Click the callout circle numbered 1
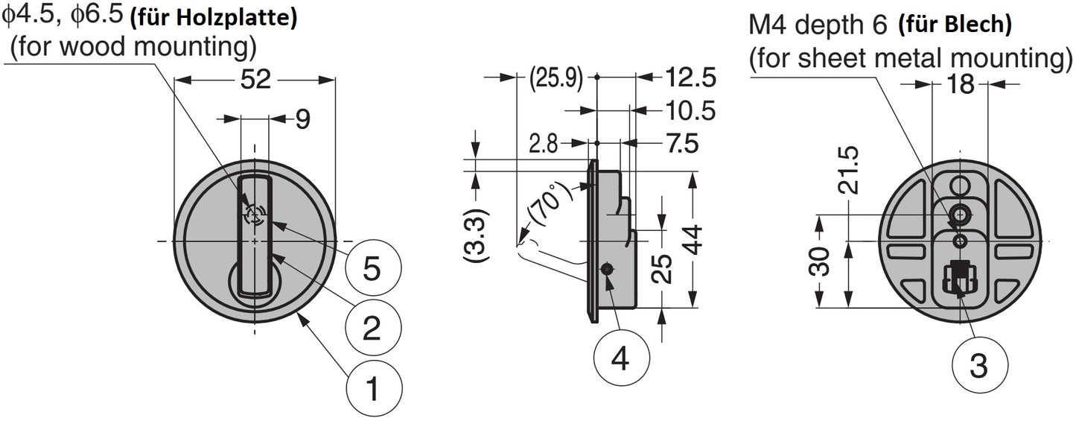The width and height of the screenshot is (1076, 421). click(x=374, y=387)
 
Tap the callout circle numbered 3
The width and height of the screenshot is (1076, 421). click(x=980, y=365)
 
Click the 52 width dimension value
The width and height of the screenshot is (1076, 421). click(x=255, y=79)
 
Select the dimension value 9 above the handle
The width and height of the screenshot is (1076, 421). click(x=302, y=119)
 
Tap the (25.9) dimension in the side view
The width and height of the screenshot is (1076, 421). click(x=555, y=77)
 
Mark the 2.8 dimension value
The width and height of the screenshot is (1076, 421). click(x=542, y=144)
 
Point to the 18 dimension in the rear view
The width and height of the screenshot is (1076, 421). click(x=961, y=84)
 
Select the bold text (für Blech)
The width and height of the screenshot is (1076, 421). click(x=955, y=25)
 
